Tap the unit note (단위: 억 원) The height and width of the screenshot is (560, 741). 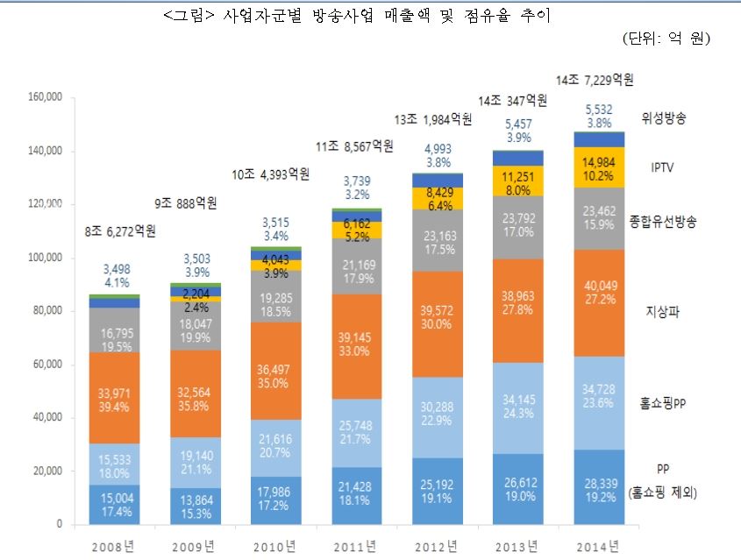tap(666, 39)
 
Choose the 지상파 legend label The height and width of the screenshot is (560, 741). tap(663, 310)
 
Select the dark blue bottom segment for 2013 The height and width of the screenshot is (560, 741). tap(518, 488)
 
